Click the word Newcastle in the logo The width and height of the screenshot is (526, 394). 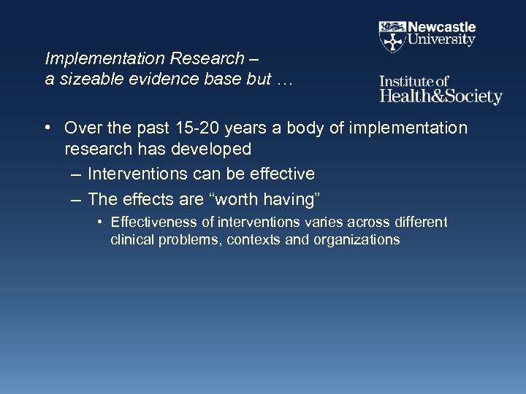tap(441, 27)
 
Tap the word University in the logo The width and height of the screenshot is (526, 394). tap(441, 41)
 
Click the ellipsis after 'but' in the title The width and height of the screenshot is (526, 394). tap(283, 80)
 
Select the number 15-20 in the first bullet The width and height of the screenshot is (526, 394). tap(204, 128)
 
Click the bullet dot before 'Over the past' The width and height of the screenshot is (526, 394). tap(47, 128)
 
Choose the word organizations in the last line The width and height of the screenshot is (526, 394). tap(357, 239)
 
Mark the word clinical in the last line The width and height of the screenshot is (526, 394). tap(130, 239)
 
